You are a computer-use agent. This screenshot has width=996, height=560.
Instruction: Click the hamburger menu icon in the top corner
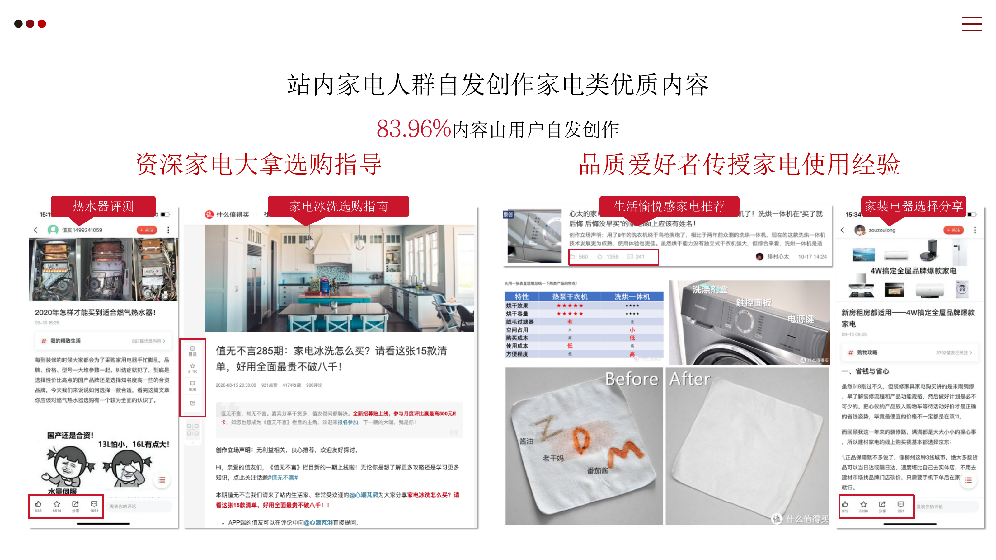pyautogui.click(x=971, y=24)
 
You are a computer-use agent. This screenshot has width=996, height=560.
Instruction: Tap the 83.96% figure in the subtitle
pyautogui.click(x=414, y=129)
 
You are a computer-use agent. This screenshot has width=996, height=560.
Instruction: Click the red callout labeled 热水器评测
pyautogui.click(x=103, y=206)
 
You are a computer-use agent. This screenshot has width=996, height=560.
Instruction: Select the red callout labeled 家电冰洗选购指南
pyautogui.click(x=338, y=206)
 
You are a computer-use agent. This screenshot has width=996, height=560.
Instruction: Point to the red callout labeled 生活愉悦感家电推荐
pyautogui.click(x=669, y=206)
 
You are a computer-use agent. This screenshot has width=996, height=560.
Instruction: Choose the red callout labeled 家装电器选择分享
pyautogui.click(x=913, y=206)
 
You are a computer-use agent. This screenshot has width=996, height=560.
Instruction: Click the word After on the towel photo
pyautogui.click(x=690, y=379)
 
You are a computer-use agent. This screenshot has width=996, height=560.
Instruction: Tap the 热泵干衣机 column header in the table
pyautogui.click(x=570, y=296)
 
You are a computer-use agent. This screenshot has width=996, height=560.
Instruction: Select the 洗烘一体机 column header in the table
pyautogui.click(x=632, y=296)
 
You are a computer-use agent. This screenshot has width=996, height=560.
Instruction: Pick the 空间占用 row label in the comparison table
pyautogui.click(x=517, y=330)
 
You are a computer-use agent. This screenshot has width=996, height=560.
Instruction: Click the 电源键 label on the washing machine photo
pyautogui.click(x=801, y=319)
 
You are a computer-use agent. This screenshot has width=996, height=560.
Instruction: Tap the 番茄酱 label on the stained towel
pyautogui.click(x=597, y=470)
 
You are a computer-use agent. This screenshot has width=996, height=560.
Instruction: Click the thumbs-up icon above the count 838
pyautogui.click(x=38, y=504)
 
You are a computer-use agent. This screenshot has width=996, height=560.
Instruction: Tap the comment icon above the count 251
pyautogui.click(x=900, y=504)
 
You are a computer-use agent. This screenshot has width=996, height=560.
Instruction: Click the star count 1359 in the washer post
pyautogui.click(x=612, y=257)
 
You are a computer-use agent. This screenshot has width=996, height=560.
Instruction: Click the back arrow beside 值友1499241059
pyautogui.click(x=35, y=230)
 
